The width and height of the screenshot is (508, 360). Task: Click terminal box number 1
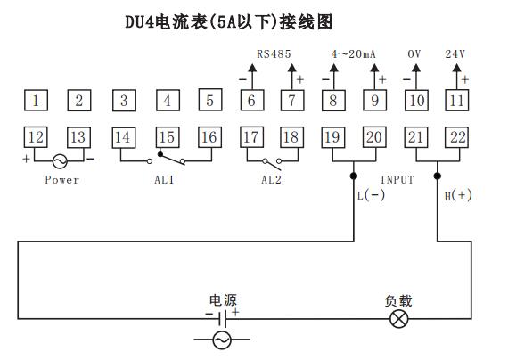36,101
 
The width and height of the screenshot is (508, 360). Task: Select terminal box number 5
209,101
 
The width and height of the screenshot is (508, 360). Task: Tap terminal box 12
36,137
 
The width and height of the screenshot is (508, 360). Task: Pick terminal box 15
167,137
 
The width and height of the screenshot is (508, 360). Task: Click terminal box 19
332,137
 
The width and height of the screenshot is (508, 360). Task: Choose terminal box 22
457,137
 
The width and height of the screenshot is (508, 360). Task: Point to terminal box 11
457,101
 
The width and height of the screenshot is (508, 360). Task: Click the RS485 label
274,54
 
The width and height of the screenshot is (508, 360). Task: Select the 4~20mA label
353,54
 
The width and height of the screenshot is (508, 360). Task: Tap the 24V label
456,54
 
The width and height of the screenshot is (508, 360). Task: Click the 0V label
414,54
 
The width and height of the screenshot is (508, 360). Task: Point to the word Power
61,180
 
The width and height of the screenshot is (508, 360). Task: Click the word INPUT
397,180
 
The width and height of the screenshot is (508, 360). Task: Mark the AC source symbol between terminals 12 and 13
60,161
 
